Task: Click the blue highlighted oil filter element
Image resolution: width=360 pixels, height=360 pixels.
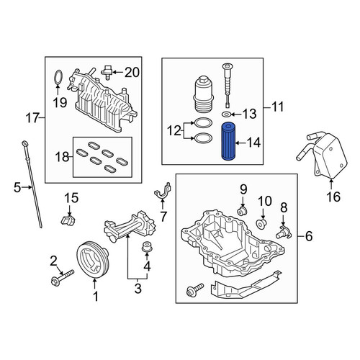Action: click(228, 141)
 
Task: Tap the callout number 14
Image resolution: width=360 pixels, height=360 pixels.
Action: click(254, 143)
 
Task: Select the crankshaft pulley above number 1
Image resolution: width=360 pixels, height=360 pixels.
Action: click(93, 261)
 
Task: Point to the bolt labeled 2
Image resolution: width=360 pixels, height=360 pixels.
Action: click(63, 277)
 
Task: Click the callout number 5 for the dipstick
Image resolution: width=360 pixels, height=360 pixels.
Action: click(17, 187)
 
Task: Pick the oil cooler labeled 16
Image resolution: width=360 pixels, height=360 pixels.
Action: click(323, 155)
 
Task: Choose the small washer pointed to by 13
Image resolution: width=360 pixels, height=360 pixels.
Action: click(226, 114)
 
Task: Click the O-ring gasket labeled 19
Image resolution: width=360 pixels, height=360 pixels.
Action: click(58, 78)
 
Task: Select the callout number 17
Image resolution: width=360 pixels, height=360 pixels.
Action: click(32, 118)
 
